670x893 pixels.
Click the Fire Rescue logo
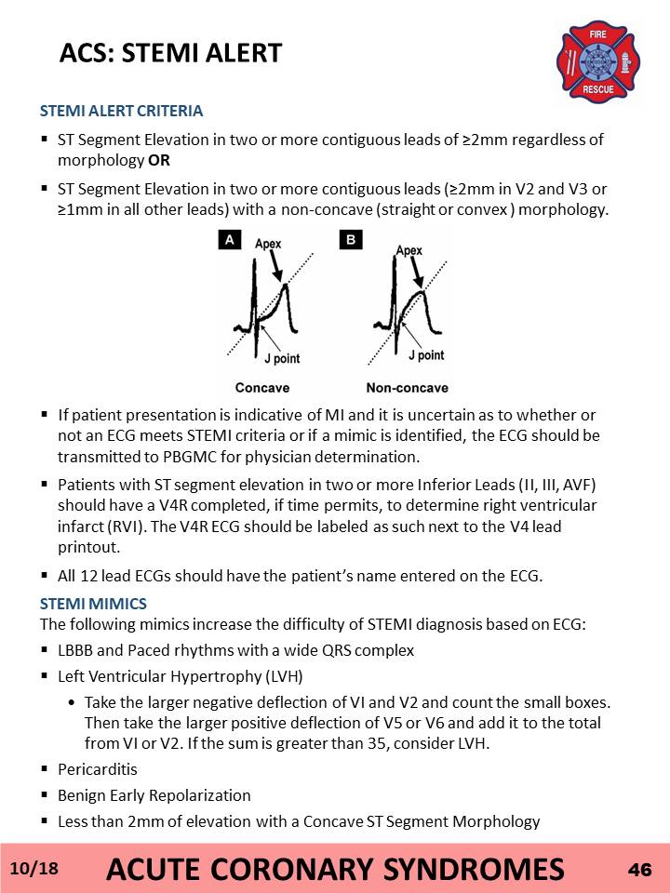pos(597,62)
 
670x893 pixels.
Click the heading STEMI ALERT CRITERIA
pos(121,111)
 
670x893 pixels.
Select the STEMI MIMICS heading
pos(93,604)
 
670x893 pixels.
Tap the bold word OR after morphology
pos(159,161)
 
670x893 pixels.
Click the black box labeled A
pos(230,240)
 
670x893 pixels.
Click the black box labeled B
pos(351,240)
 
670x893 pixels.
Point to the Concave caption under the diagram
pos(262,388)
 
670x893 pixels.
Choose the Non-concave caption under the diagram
pos(408,388)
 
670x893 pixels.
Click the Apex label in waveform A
pos(268,244)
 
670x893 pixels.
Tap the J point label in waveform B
pos(426,354)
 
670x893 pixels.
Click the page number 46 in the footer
pos(640,870)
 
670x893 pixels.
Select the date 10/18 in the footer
pos(34,869)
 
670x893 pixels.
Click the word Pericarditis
pos(98,769)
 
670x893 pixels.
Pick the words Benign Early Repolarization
pos(154,795)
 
